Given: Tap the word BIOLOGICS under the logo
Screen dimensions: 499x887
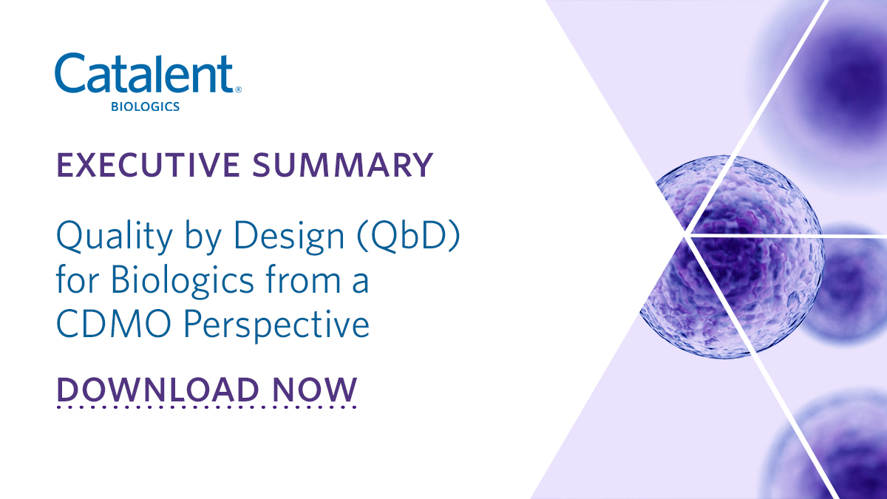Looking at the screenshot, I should click(145, 107).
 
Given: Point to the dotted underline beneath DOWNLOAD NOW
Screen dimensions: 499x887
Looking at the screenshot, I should click(206, 407).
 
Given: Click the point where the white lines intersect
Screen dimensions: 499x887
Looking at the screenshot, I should click(687, 235).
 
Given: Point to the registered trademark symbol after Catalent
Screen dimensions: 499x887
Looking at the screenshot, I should click(237, 89).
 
